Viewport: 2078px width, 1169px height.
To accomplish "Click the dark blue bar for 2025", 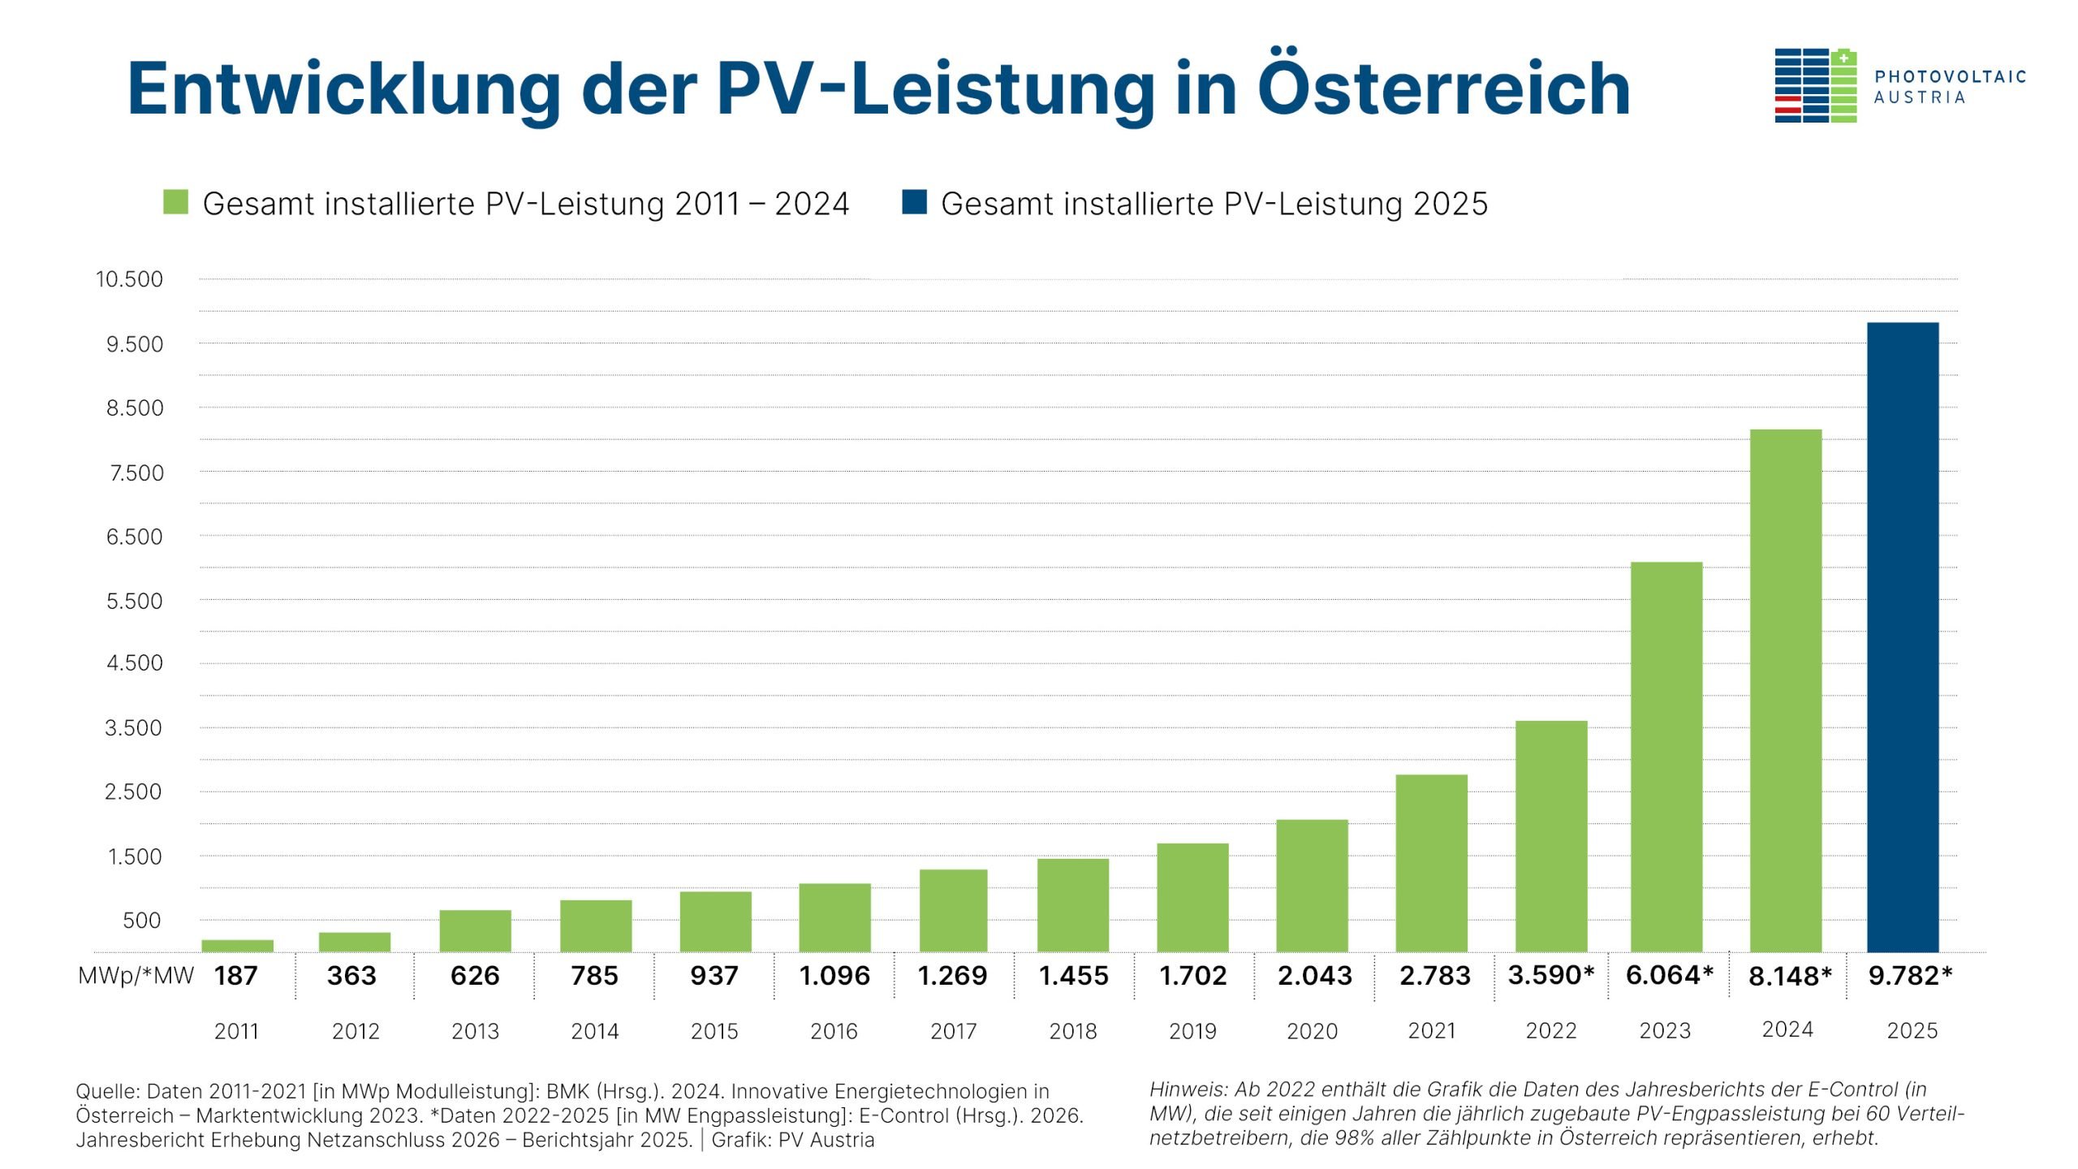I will tap(1902, 637).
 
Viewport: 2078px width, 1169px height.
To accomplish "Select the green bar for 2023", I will tap(1666, 757).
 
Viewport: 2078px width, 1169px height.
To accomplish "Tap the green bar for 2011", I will tap(237, 946).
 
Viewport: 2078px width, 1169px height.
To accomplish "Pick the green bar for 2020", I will tap(1312, 886).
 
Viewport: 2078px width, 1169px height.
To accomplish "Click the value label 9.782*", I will tap(1909, 975).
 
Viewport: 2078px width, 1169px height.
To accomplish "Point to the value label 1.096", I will tap(834, 975).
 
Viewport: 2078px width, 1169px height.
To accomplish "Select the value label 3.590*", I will tap(1550, 974).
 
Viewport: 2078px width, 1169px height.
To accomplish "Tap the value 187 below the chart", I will tap(235, 975).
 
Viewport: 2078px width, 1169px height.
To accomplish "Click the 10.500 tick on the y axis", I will tap(129, 279).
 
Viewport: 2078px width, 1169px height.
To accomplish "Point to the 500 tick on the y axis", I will tap(141, 921).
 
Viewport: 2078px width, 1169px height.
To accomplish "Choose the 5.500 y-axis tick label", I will tap(134, 601).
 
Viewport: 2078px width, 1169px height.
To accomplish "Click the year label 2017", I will tap(953, 1031).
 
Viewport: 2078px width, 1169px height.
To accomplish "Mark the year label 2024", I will tap(1787, 1029).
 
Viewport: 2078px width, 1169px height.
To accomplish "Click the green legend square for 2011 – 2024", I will tap(175, 202).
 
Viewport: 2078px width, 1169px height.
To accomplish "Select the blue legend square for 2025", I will tap(914, 202).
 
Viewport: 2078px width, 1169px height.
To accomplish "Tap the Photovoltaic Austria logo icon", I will tap(1815, 85).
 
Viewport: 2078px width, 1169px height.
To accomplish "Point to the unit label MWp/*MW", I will tap(136, 976).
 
